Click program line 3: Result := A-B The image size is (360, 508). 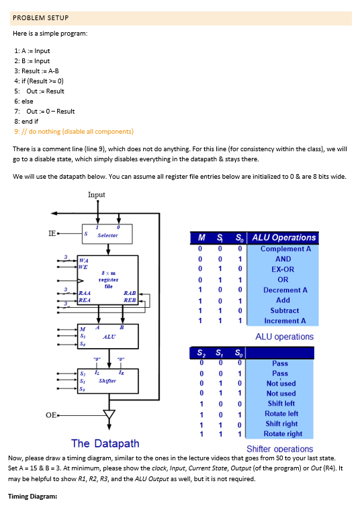(x=36, y=71)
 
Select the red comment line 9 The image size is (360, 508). (x=73, y=131)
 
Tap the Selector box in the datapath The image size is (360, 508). (x=108, y=236)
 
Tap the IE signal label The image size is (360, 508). (x=52, y=234)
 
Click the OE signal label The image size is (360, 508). (x=50, y=415)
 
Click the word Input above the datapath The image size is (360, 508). (x=97, y=194)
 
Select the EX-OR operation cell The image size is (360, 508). (x=284, y=269)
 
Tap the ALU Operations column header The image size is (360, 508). (x=284, y=237)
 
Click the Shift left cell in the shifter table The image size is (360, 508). (x=281, y=403)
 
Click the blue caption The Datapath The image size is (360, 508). (x=105, y=443)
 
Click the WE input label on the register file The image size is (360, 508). (x=83, y=267)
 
